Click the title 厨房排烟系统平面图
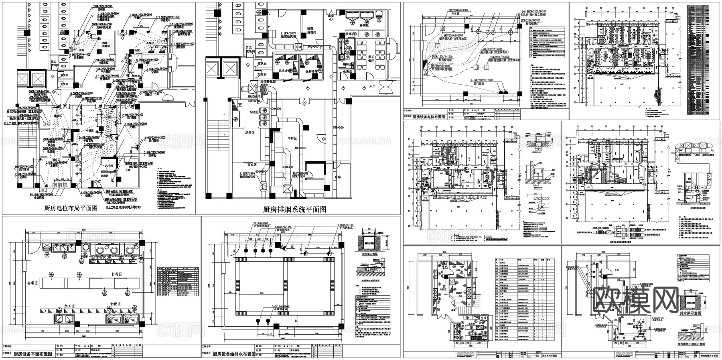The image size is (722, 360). pyautogui.click(x=294, y=209)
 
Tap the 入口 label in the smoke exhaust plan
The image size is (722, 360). pyautogui.click(x=372, y=86)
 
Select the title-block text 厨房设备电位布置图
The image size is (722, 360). pyautogui.click(x=429, y=117)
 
